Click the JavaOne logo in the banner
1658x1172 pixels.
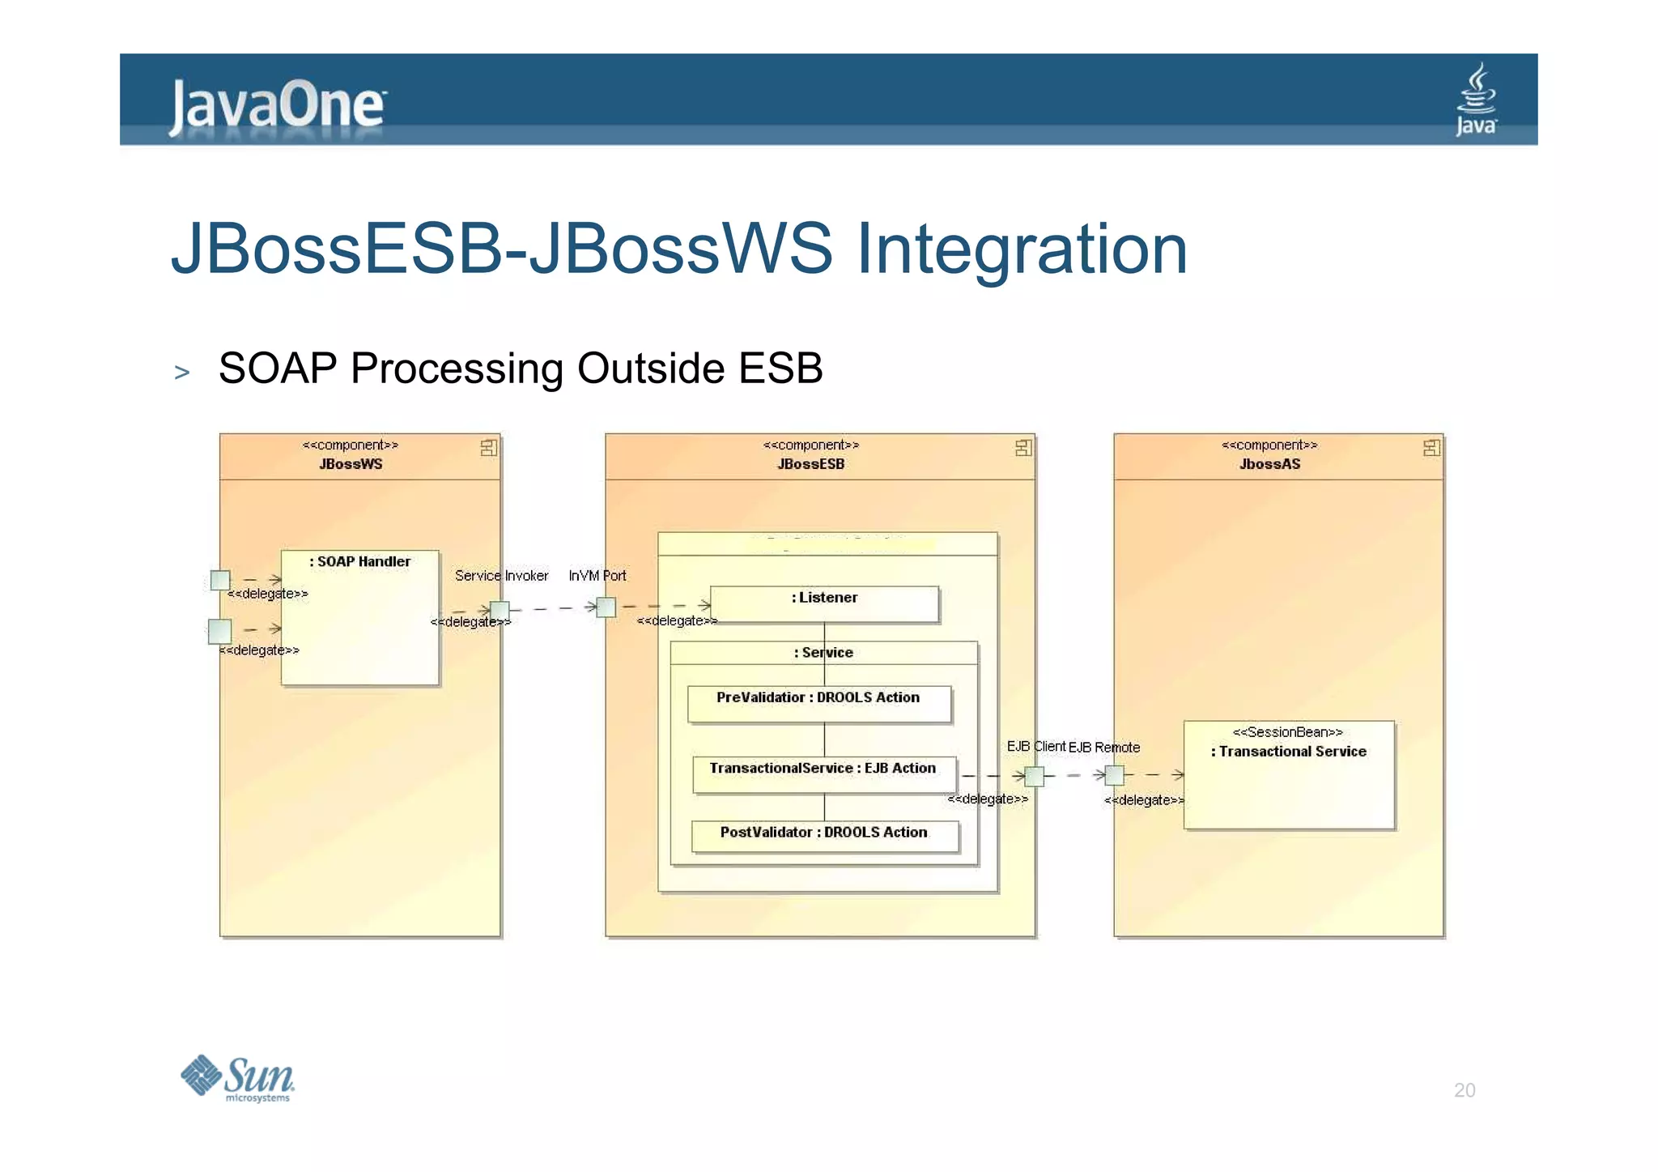[277, 105]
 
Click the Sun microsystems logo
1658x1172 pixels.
[237, 1078]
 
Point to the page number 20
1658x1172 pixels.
[1464, 1089]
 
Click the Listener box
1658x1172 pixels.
[824, 604]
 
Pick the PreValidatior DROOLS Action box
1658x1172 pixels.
[818, 704]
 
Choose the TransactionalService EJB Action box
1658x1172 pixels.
[823, 774]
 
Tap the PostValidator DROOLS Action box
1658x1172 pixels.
[824, 836]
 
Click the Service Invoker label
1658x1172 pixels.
[501, 576]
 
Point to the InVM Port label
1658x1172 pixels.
[597, 576]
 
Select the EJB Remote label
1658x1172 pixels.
[1104, 748]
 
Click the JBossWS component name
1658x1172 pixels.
[351, 464]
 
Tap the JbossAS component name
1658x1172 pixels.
[1269, 464]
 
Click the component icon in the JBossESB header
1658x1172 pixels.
[1023, 448]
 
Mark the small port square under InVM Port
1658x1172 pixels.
[606, 607]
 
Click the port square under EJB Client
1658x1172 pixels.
[1034, 776]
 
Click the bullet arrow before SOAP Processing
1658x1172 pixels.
[182, 373]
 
